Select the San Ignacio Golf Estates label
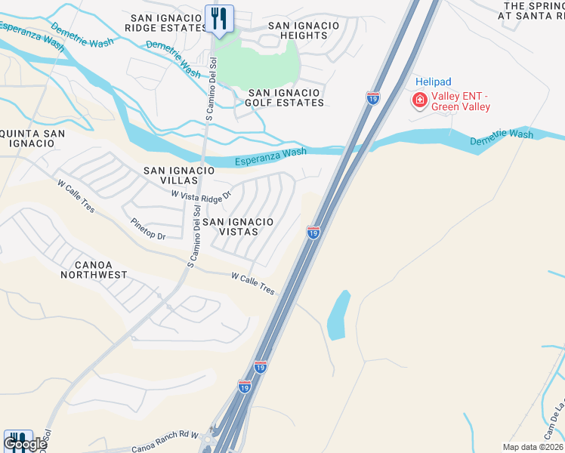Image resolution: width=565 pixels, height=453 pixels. point(286,97)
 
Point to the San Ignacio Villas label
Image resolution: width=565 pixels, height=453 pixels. point(180,176)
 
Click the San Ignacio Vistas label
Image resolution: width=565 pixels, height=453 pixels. point(238,226)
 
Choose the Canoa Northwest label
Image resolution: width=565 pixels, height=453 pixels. point(100,270)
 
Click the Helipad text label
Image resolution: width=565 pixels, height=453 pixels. point(434,81)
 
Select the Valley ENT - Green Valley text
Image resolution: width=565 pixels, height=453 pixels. point(460,101)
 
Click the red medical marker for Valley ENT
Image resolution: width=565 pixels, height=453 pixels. point(418,99)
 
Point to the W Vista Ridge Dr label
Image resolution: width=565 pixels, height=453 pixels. point(200,195)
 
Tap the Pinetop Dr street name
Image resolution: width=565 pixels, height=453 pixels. point(147,230)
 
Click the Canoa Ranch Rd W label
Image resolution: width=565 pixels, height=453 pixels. point(168,436)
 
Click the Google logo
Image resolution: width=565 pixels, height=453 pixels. point(26,445)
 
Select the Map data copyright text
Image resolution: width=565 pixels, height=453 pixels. point(532,447)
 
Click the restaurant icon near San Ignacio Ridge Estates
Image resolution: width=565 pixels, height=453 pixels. point(219,18)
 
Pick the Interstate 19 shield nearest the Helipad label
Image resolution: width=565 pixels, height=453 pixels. point(372,98)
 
